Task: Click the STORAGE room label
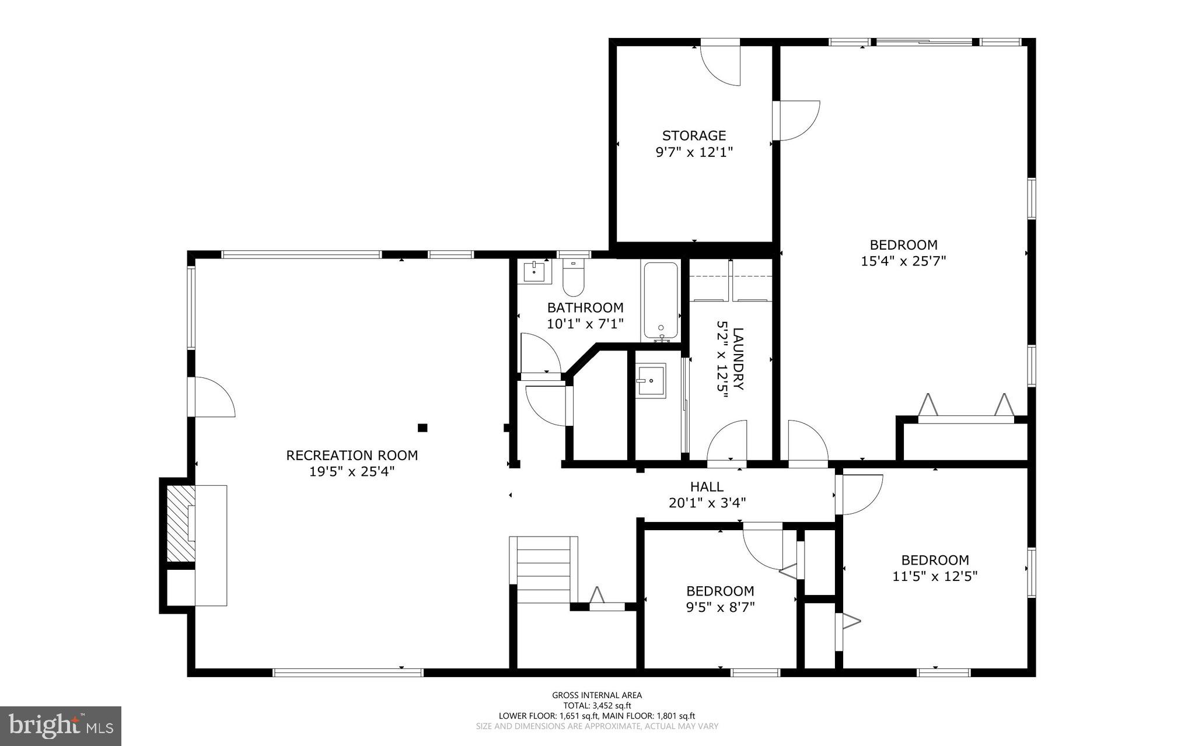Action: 694,136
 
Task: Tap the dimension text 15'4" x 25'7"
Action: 903,261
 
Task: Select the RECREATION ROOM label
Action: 352,455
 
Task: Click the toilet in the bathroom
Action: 574,280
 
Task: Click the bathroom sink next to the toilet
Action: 534,272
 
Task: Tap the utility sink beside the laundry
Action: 651,381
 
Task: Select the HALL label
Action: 707,486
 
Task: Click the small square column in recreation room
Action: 422,428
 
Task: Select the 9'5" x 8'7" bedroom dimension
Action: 720,607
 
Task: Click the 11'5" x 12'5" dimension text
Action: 935,576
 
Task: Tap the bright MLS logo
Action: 61,725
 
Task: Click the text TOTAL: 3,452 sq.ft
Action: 597,705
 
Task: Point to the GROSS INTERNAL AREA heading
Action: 597,695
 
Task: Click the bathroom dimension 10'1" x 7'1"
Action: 585,324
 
